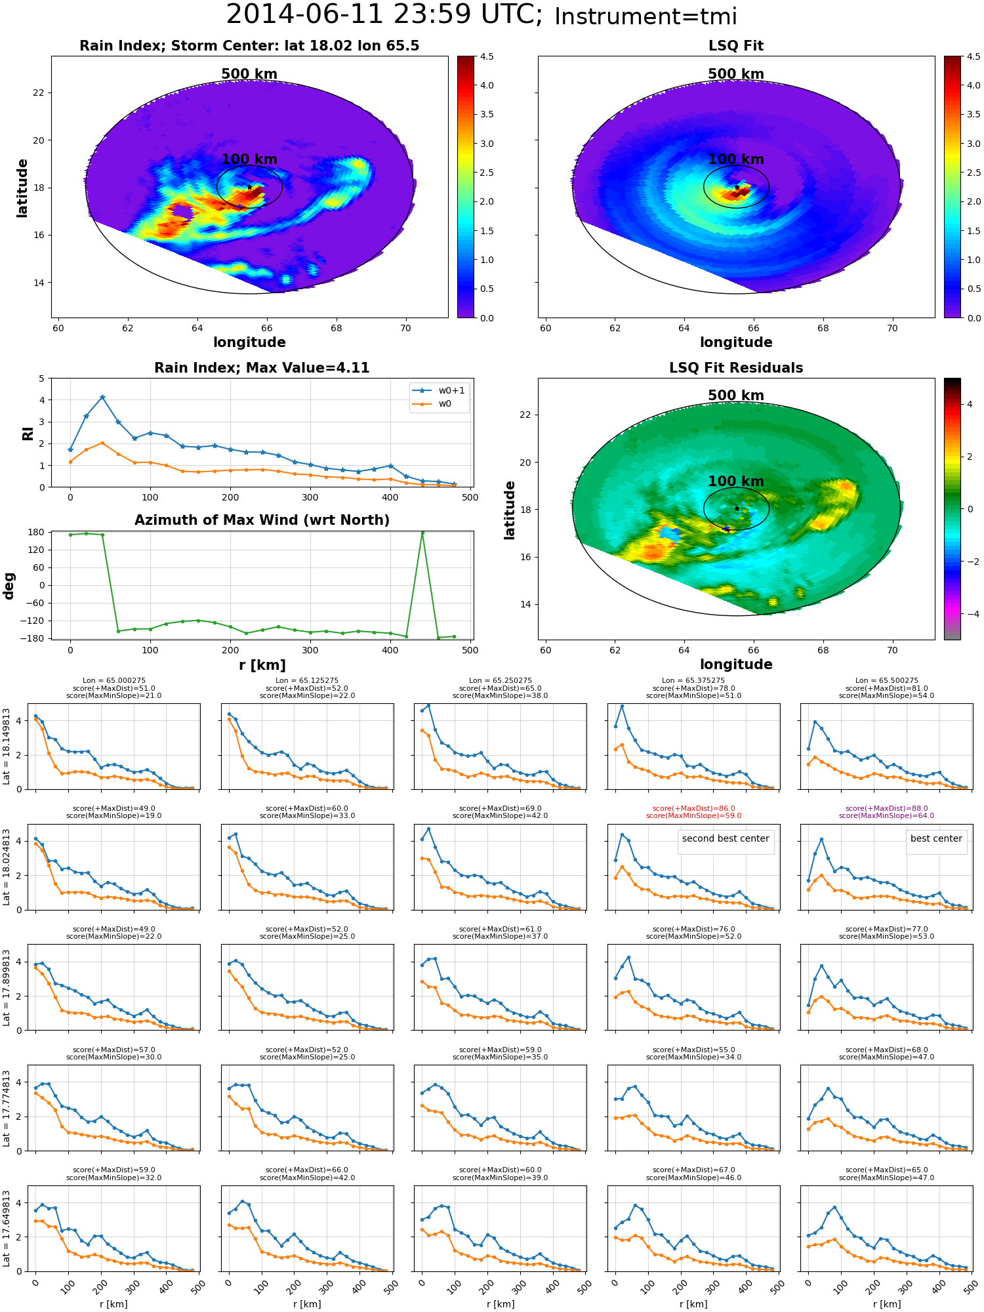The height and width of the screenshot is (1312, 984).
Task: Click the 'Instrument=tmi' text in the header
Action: (646, 16)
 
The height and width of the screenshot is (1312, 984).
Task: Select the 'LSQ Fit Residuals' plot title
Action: (736, 368)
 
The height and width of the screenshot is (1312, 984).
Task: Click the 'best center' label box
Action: (936, 839)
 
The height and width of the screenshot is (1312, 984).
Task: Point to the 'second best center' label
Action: (726, 839)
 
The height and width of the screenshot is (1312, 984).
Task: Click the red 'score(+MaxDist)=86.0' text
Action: (693, 809)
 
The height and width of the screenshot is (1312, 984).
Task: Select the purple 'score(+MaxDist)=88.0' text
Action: (886, 809)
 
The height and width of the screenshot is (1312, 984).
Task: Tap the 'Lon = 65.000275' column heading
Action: (114, 681)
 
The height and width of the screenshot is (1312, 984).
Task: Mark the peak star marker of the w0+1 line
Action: (102, 398)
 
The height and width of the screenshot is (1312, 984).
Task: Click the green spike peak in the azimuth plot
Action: (422, 533)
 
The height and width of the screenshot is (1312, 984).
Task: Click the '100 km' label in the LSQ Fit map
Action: (736, 159)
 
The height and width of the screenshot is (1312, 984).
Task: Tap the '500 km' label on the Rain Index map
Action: (249, 74)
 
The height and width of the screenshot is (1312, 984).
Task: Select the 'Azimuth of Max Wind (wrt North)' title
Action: (262, 520)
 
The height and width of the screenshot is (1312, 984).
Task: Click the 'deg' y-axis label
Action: (9, 586)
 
